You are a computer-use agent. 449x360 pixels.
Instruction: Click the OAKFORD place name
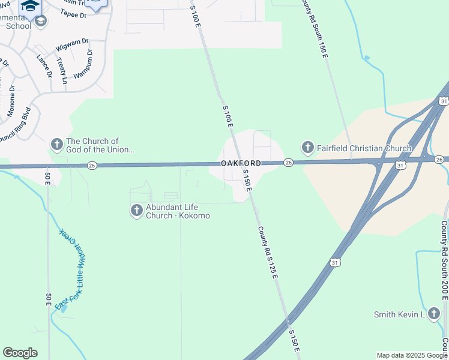tap(241, 163)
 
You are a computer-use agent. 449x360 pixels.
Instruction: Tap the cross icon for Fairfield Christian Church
tap(307, 148)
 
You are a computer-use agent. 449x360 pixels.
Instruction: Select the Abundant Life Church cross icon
tap(137, 210)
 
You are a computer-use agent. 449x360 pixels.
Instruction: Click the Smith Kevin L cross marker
tap(435, 314)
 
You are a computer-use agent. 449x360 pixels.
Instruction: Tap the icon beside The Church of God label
tap(56, 145)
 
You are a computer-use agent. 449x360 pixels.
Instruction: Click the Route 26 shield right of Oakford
tap(288, 163)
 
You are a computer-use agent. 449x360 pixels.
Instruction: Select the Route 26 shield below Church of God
tap(91, 166)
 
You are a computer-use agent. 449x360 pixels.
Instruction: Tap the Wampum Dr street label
tap(83, 64)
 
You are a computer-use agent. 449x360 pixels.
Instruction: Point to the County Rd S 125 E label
tap(268, 251)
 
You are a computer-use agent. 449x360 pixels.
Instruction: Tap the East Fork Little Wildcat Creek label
tap(71, 269)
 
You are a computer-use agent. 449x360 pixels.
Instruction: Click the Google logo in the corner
tap(20, 353)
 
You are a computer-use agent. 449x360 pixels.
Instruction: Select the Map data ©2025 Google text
tap(411, 355)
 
